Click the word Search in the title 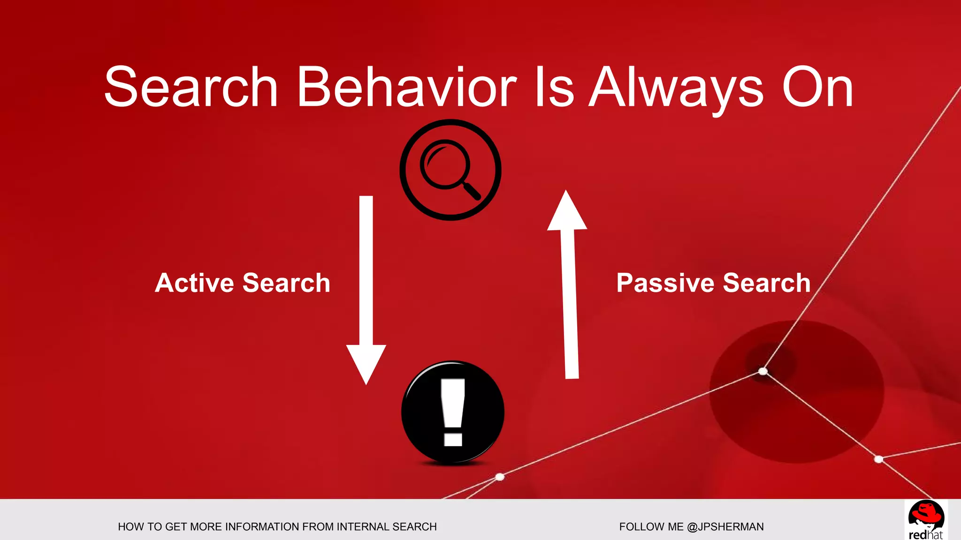pyautogui.click(x=191, y=88)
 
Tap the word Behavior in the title pyautogui.click(x=407, y=88)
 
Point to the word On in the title pyautogui.click(x=817, y=88)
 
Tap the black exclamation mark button pyautogui.click(x=453, y=412)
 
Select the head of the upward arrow pyautogui.click(x=567, y=213)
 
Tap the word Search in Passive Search pyautogui.click(x=767, y=283)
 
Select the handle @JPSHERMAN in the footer pyautogui.click(x=725, y=527)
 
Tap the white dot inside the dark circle pyautogui.click(x=763, y=371)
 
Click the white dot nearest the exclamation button pyautogui.click(x=500, y=477)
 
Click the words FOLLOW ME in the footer pyautogui.click(x=651, y=527)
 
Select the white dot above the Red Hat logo pyautogui.click(x=879, y=459)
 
